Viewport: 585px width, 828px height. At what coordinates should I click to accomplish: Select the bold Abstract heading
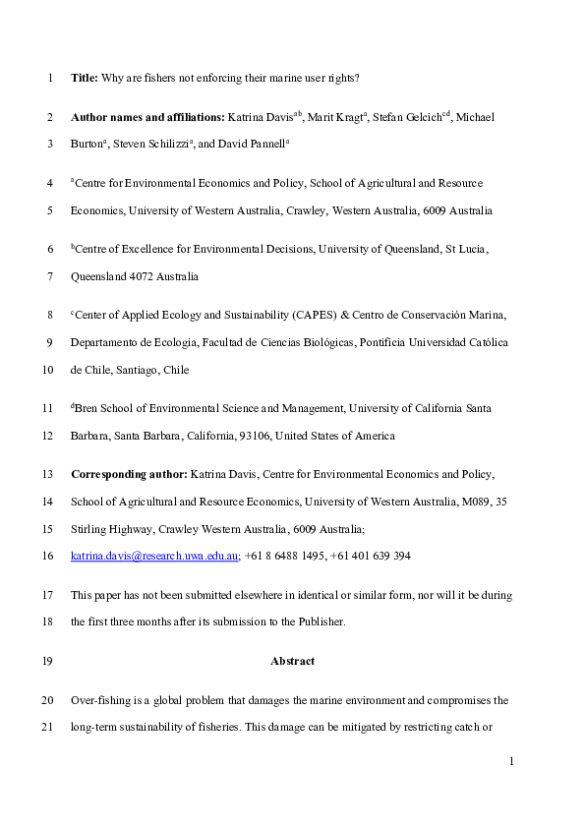pyautogui.click(x=292, y=661)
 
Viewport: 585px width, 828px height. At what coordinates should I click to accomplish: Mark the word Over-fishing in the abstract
pyautogui.click(x=99, y=700)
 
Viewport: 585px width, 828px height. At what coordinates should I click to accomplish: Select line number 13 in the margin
pyautogui.click(x=47, y=473)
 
